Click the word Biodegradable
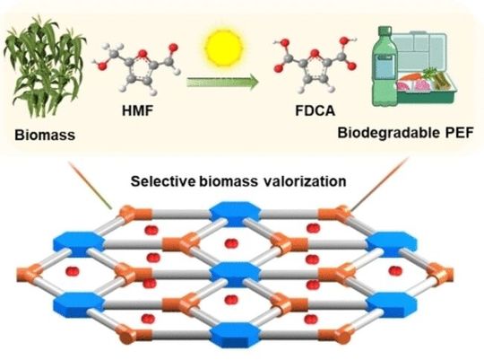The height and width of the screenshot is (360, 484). click(x=384, y=134)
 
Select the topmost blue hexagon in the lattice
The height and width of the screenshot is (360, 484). click(x=221, y=213)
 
